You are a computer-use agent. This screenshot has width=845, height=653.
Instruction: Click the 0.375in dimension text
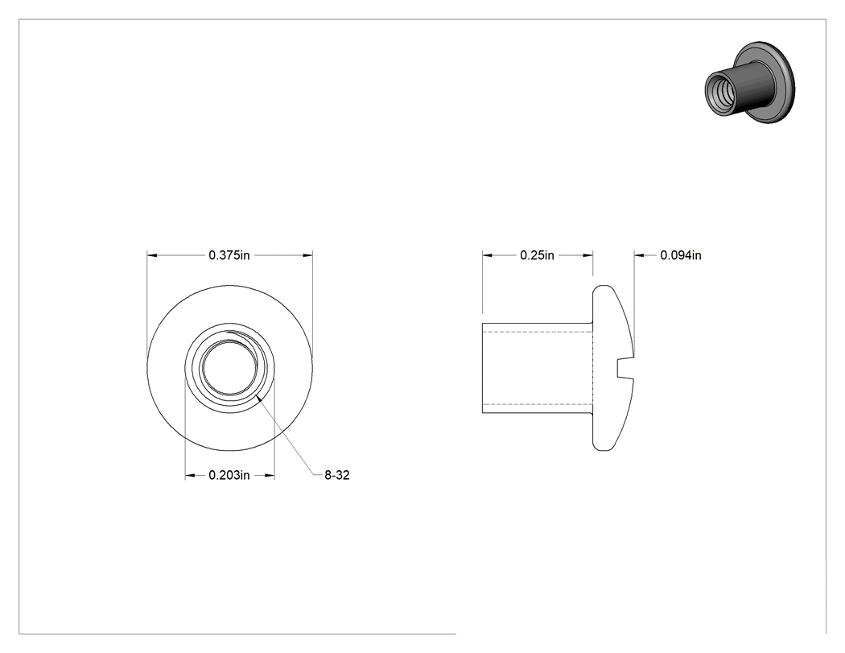[x=229, y=255]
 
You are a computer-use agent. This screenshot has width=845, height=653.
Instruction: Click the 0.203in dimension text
[x=229, y=475]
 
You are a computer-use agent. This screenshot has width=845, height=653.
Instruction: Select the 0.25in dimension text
[x=537, y=255]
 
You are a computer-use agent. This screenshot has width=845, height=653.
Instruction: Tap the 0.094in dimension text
[x=681, y=255]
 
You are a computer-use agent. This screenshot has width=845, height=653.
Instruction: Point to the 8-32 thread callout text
[x=337, y=475]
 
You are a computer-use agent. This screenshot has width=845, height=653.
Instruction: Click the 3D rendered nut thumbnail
[x=749, y=82]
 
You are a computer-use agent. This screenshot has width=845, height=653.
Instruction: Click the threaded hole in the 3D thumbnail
[x=719, y=93]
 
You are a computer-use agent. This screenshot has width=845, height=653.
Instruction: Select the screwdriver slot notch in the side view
[x=625, y=368]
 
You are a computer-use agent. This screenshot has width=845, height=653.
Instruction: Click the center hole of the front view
[x=230, y=368]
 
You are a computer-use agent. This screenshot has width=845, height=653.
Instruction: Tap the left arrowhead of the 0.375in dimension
[x=152, y=255]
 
